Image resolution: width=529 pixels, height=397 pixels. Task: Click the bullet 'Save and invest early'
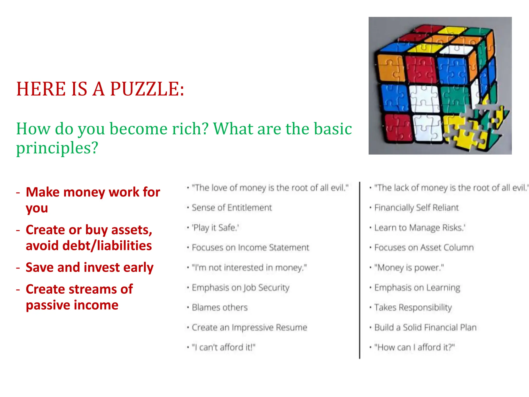pos(89,267)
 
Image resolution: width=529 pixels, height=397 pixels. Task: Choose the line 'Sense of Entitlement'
pos(232,208)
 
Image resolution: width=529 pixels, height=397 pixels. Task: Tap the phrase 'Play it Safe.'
pos(215,227)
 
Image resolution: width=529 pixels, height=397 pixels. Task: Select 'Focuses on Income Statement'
pos(250,248)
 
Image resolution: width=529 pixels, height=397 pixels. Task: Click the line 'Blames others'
pos(220,307)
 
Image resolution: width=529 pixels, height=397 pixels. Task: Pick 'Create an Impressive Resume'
pos(249,327)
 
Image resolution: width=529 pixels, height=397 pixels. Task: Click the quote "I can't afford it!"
pos(223,347)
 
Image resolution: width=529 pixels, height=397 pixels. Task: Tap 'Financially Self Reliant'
pos(416,208)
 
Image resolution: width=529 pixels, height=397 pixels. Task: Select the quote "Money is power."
pos(409,268)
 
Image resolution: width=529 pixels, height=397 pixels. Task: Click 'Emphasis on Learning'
pos(417,287)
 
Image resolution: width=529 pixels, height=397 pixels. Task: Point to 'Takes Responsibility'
pos(413,307)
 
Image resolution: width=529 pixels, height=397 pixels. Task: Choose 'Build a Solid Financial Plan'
pos(425,327)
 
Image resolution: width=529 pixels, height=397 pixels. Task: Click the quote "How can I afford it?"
pos(414,347)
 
